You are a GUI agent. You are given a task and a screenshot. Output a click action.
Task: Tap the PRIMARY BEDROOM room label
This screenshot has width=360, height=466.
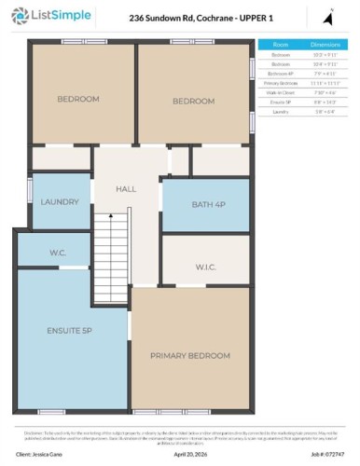190,356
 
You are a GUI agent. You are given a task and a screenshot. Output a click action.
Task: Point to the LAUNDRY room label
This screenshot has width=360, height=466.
60,201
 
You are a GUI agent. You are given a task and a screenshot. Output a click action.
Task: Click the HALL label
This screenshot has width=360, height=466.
126,189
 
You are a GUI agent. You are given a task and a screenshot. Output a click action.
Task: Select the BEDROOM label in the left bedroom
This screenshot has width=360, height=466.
78,99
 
